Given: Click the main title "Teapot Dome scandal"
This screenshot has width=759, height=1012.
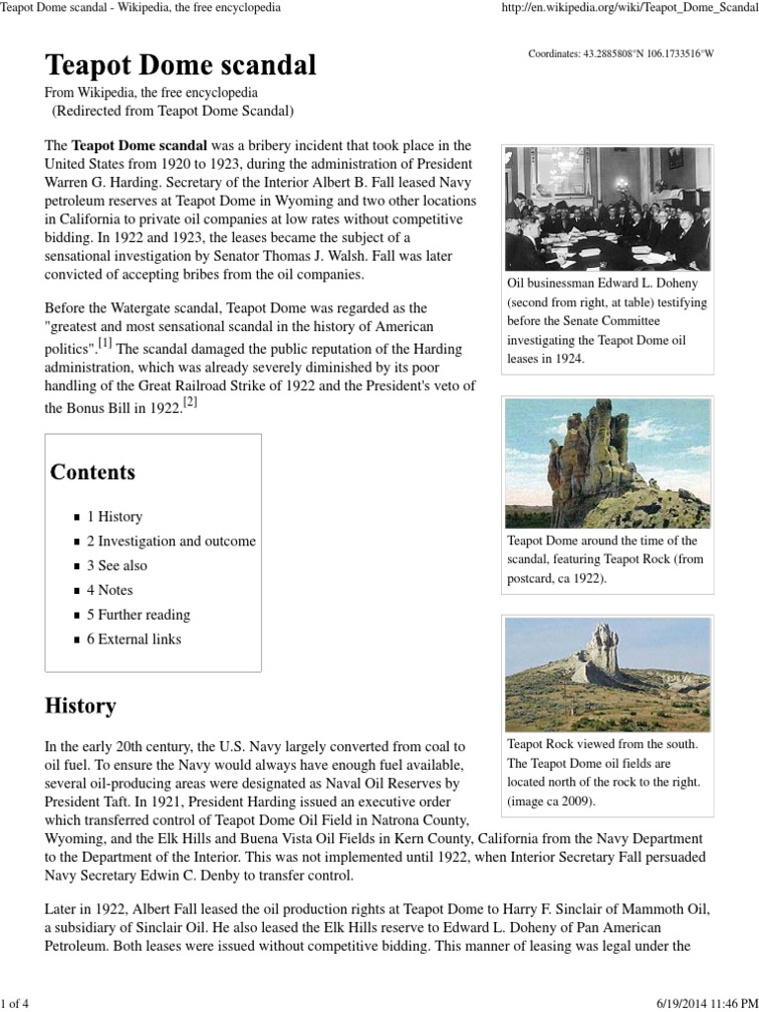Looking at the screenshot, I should point(181,66).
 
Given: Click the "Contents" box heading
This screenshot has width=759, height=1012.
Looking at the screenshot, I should point(93,472).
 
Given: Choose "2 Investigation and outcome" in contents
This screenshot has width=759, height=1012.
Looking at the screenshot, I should point(171,542).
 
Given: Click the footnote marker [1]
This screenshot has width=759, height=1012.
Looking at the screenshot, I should point(104,344).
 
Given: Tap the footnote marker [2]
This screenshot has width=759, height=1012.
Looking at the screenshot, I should point(191,403).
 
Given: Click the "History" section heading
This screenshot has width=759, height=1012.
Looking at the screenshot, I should point(80,707).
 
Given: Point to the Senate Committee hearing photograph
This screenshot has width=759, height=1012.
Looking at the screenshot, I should point(607,209).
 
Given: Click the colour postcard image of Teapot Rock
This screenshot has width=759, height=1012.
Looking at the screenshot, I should point(607,463).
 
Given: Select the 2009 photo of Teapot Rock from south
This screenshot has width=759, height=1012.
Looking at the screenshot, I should point(607,674).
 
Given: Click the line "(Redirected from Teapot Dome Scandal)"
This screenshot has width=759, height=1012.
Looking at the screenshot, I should point(172,111).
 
